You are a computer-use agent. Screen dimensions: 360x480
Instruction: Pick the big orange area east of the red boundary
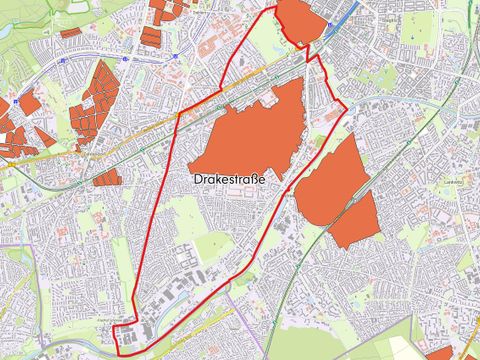point(340,190)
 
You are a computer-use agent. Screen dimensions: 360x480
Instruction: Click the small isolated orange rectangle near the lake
point(70,32)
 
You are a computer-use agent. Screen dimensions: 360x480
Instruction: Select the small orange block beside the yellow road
point(107,177)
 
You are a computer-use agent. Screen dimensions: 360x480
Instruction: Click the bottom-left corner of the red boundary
point(119,353)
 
